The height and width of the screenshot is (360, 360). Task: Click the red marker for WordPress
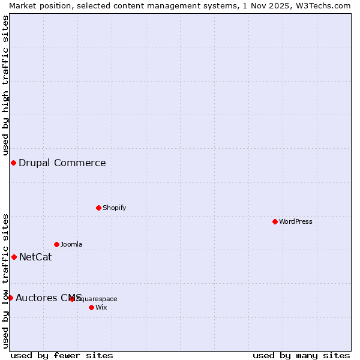pos(275,221)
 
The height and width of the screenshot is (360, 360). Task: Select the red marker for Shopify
pos(98,208)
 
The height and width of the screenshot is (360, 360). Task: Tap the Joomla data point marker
pos(56,244)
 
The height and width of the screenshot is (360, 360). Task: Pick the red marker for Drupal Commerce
pos(13,163)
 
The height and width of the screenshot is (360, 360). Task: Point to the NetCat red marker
pos(14,257)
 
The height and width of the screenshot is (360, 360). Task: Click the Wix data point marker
pos(91,307)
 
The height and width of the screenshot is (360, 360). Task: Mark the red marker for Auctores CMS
pos(10,298)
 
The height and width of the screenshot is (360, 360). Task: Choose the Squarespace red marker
pos(72,298)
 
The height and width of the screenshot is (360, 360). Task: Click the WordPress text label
pos(296,221)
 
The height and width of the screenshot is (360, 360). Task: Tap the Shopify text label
pos(114,208)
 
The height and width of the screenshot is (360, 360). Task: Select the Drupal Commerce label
pos(62,163)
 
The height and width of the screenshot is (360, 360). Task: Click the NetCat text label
pos(35,257)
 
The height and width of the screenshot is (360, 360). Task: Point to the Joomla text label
pos(71,244)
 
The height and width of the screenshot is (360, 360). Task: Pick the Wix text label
pos(101,307)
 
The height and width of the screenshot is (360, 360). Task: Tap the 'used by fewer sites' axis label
pos(62,355)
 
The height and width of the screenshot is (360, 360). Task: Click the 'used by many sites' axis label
pos(301,355)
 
